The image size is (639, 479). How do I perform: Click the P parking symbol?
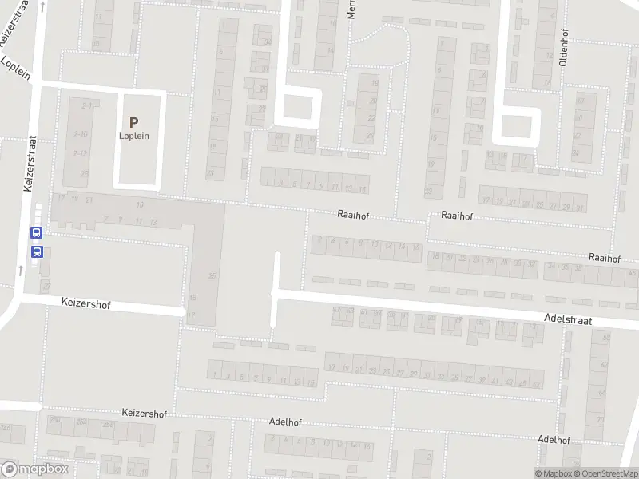[x=134, y=122]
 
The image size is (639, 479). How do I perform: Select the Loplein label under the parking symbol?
[x=134, y=136]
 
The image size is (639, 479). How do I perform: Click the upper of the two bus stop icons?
[x=36, y=233]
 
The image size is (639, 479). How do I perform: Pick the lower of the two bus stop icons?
[x=36, y=251]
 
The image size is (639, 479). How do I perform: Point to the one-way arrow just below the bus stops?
[x=21, y=269]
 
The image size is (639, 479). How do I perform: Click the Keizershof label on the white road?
[x=85, y=304]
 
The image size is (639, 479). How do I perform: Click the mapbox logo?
[x=36, y=469]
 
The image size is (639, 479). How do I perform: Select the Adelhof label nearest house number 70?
[x=554, y=440]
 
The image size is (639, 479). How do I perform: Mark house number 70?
[x=600, y=419]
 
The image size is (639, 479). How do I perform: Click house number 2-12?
[x=80, y=153]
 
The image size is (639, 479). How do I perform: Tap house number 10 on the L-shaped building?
[x=139, y=205]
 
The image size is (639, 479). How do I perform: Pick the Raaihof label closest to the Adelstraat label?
[x=604, y=258]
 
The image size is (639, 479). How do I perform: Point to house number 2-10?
[x=80, y=134]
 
